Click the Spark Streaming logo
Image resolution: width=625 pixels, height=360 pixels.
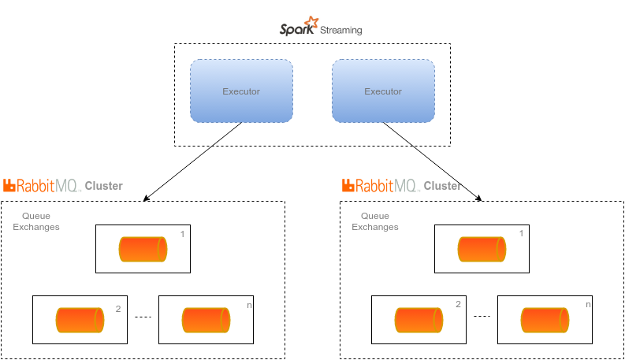[x=321, y=28]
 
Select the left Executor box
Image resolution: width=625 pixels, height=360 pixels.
[x=241, y=91]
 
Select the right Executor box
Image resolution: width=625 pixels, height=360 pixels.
[x=383, y=91]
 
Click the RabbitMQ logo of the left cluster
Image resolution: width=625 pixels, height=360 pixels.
[x=42, y=186]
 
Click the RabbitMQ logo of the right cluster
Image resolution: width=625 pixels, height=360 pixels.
[x=381, y=186]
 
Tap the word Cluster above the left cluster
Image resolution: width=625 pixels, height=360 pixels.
[x=103, y=187]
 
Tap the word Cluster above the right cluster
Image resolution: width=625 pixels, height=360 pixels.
[x=442, y=187]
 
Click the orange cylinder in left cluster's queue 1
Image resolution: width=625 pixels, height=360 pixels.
[x=143, y=249]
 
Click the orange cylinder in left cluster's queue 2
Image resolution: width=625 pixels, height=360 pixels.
[x=80, y=320]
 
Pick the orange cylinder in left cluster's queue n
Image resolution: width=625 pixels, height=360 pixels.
[x=206, y=320]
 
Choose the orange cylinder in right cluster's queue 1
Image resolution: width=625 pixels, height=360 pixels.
[x=482, y=249]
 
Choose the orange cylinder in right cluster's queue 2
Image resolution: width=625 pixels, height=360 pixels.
[x=419, y=320]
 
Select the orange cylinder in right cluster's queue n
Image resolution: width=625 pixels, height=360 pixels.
[x=545, y=320]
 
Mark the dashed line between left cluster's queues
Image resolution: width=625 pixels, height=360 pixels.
[x=143, y=317]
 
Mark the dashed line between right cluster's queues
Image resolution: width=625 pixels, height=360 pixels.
[x=482, y=317]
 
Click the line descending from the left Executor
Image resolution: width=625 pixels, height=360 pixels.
[x=225, y=135]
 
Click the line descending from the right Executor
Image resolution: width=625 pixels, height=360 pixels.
[x=399, y=135]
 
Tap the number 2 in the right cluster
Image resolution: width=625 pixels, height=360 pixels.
[x=458, y=304]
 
